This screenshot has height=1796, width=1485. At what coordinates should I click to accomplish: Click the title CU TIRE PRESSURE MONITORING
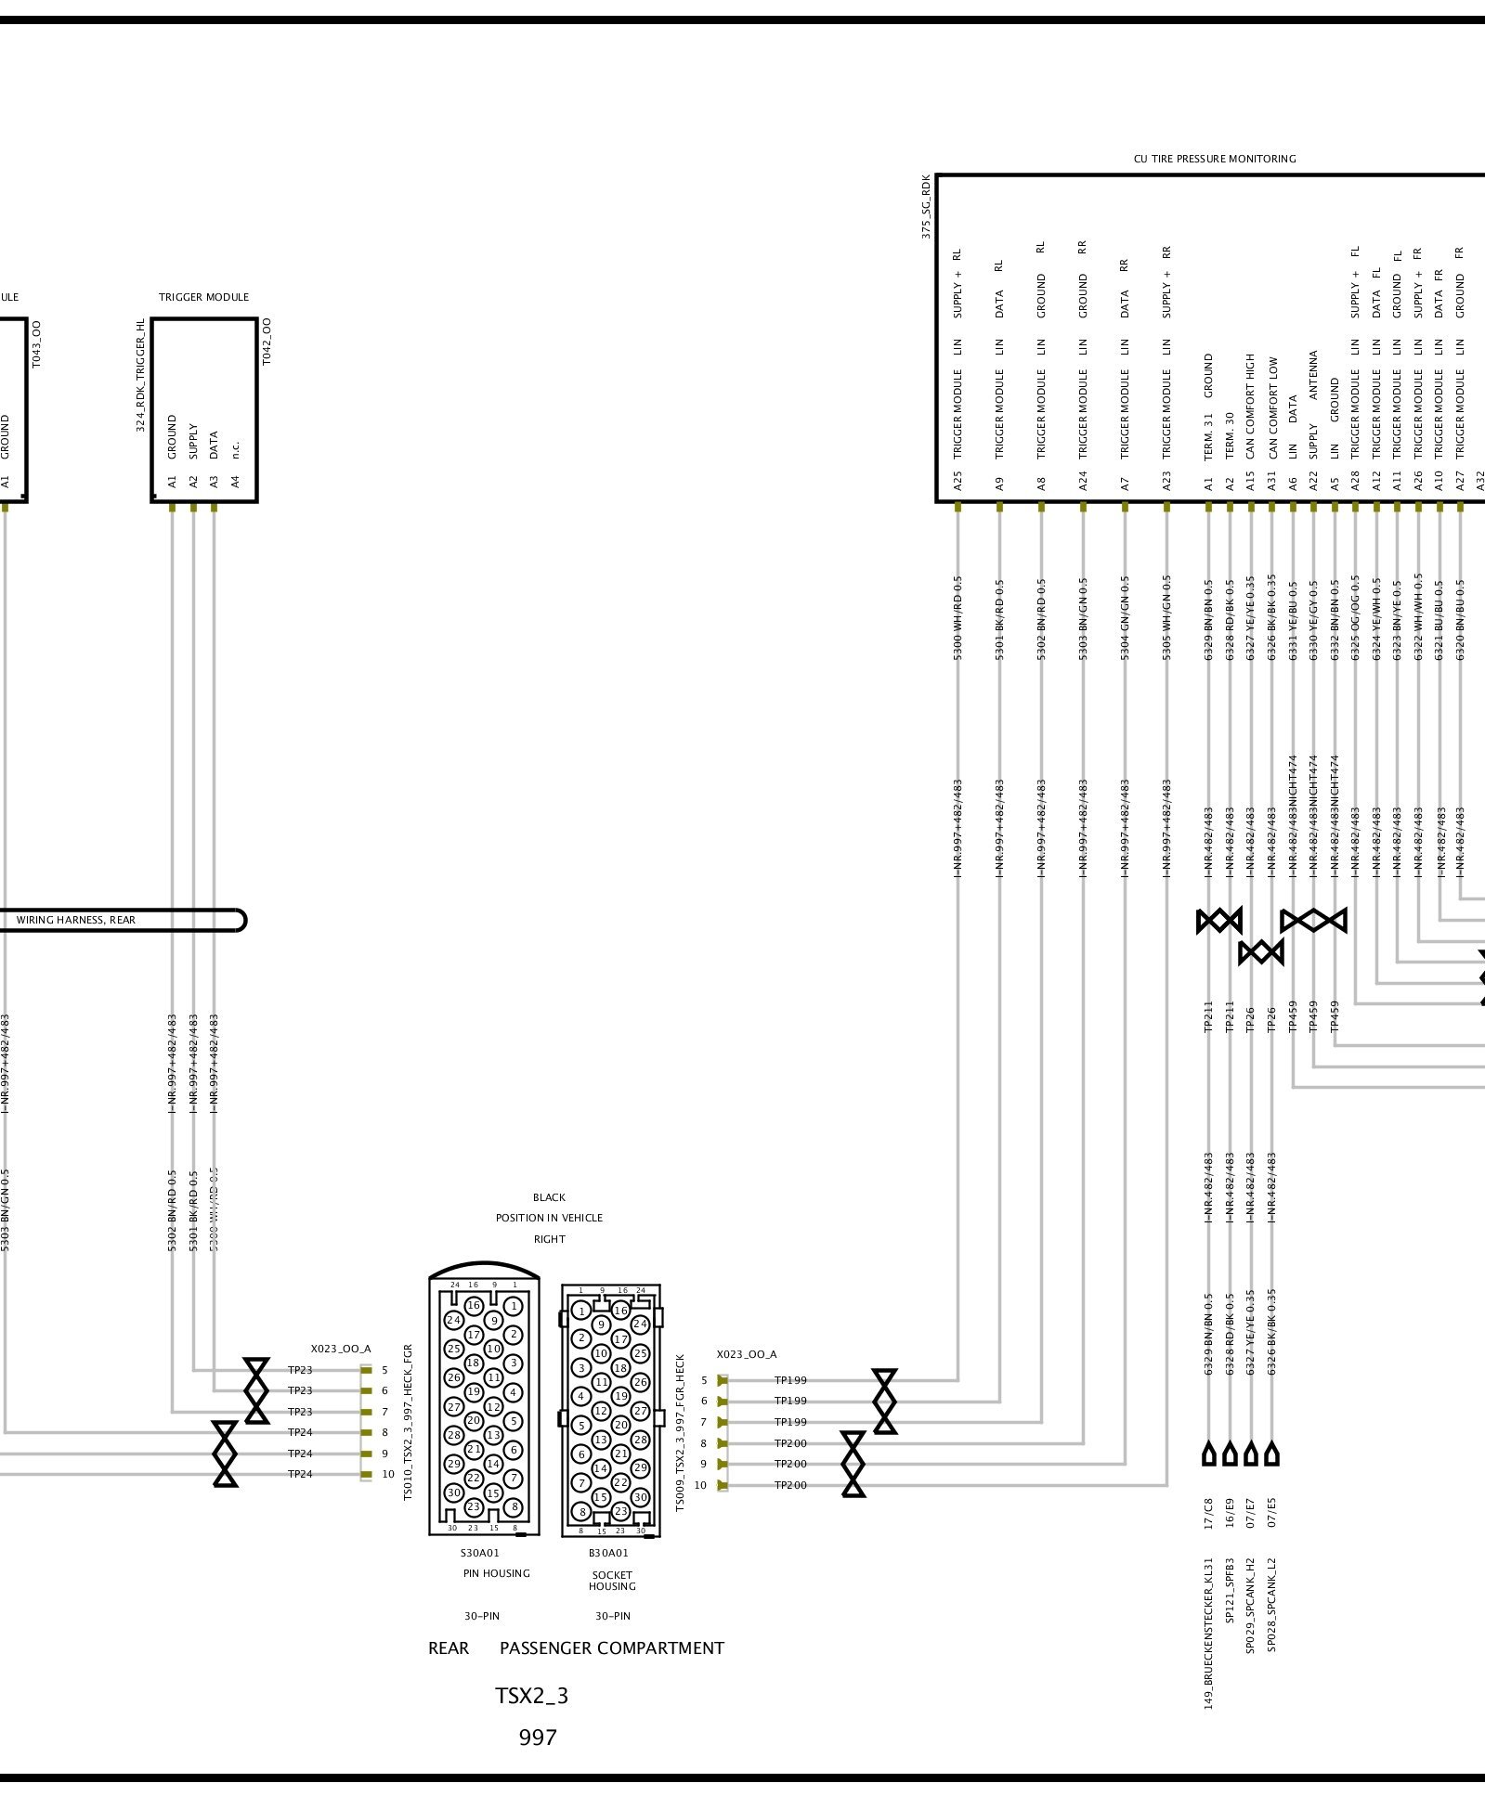pyautogui.click(x=1214, y=159)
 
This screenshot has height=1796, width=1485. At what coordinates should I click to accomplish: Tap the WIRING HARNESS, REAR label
pyautogui.click(x=76, y=920)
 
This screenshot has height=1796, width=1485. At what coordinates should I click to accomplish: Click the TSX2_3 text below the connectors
pyautogui.click(x=531, y=1696)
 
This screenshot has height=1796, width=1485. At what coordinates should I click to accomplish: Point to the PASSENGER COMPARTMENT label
pyautogui.click(x=611, y=1648)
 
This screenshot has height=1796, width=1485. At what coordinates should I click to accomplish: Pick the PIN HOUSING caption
pyautogui.click(x=496, y=1573)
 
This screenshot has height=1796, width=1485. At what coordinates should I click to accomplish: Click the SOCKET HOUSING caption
pyautogui.click(x=612, y=1581)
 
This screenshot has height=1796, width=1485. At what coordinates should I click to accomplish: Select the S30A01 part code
pyautogui.click(x=480, y=1553)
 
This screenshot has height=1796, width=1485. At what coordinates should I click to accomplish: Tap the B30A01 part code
pyautogui.click(x=608, y=1553)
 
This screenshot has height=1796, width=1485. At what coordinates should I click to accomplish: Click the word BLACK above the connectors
pyautogui.click(x=549, y=1197)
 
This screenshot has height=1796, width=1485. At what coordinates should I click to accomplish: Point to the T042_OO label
pyautogui.click(x=267, y=342)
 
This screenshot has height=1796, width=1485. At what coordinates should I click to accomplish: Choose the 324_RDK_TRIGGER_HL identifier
pyautogui.click(x=141, y=375)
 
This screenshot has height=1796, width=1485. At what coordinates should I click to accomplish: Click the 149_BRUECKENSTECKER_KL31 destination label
pyautogui.click(x=1208, y=1634)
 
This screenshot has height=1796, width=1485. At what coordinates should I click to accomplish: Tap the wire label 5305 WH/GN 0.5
pyautogui.click(x=1166, y=617)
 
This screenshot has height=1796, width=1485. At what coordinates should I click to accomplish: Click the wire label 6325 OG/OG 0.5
pyautogui.click(x=1355, y=617)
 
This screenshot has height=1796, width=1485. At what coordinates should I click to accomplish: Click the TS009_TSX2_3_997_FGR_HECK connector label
pyautogui.click(x=680, y=1432)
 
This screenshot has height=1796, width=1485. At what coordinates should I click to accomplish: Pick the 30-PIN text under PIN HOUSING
pyautogui.click(x=482, y=1616)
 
